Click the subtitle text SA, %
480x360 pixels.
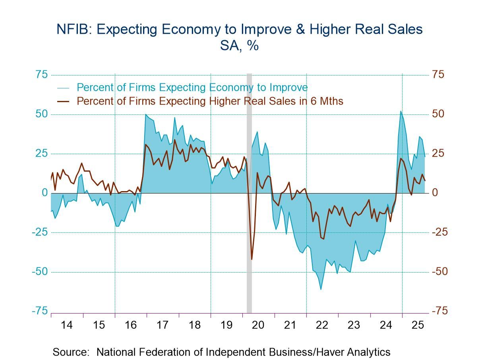(239, 46)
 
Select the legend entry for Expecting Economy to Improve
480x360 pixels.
(192, 87)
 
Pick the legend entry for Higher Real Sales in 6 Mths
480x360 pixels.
(210, 101)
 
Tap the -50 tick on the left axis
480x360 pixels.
(40, 272)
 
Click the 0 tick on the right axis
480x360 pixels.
(435, 193)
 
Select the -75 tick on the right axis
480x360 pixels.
(439, 311)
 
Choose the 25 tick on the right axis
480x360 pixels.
(437, 154)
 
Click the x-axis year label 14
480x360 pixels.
(67, 325)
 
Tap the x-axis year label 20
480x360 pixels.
(258, 325)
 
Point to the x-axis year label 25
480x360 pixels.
(418, 325)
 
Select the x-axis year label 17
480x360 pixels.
(163, 325)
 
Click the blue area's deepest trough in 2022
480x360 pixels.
(321, 289)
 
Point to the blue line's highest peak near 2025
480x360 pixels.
(401, 111)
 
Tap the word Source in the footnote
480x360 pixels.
(71, 352)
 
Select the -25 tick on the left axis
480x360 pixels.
(40, 232)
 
